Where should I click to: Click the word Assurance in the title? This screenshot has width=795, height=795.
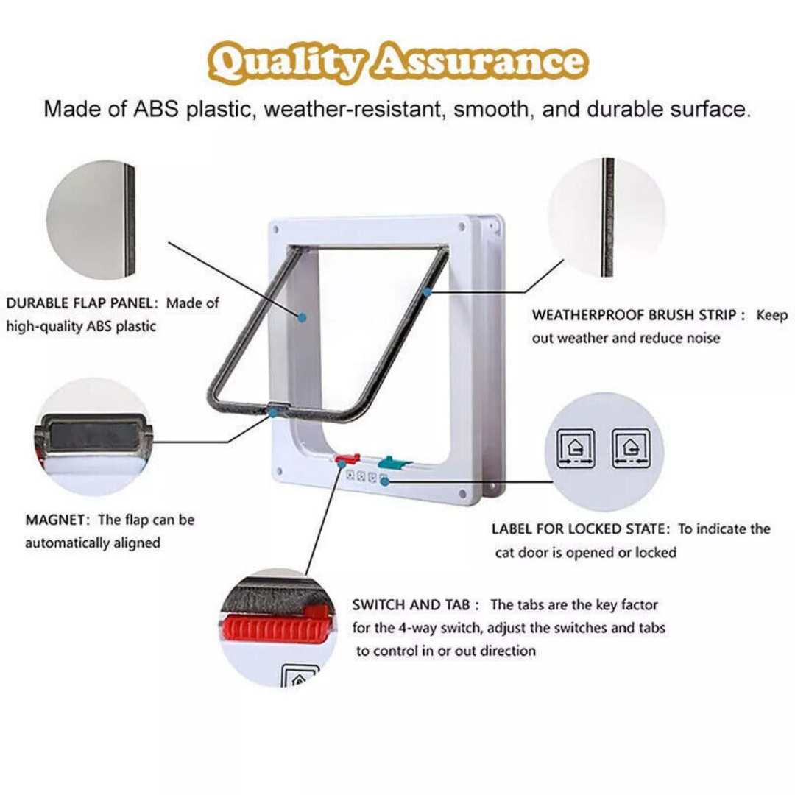point(478,63)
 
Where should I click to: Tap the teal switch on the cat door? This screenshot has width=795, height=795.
point(391,463)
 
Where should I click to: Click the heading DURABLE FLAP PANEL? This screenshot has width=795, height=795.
point(81,303)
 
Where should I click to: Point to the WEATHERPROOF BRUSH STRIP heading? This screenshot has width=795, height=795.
point(633,315)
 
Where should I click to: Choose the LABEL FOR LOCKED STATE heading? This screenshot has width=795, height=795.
point(581,529)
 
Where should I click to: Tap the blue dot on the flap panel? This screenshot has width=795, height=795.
point(302,317)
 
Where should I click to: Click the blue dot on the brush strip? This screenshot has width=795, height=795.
point(426,293)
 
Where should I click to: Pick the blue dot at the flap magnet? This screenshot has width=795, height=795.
point(273,412)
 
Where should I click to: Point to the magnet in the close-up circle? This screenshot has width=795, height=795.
point(91,436)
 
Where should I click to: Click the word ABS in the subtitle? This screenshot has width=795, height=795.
point(158,110)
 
